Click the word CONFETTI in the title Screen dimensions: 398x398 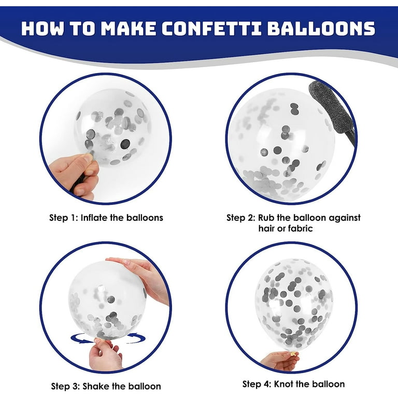coord(211,28)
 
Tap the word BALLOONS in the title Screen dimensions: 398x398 coord(321,28)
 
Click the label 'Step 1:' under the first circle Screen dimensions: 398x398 coord(63,218)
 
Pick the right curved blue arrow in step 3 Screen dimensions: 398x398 coord(137,337)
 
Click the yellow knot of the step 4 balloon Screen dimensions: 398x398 coord(293,353)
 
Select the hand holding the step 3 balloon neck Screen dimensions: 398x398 coord(105,354)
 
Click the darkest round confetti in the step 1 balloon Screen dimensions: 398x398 coord(125,144)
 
